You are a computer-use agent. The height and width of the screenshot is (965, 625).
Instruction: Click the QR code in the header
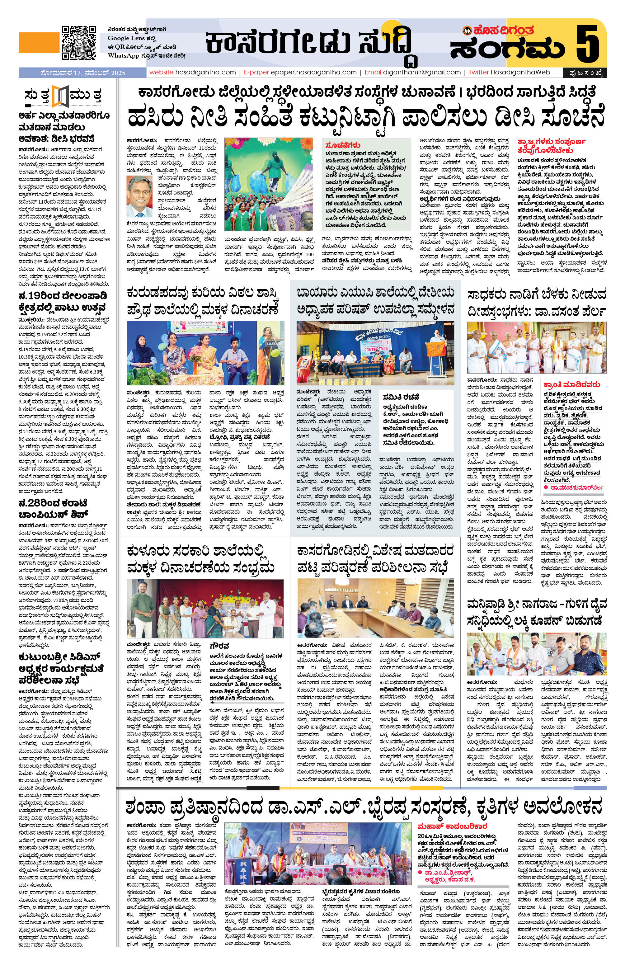(x=79, y=43)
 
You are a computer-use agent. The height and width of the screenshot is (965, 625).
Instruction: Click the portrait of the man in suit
(x=139, y=196)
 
